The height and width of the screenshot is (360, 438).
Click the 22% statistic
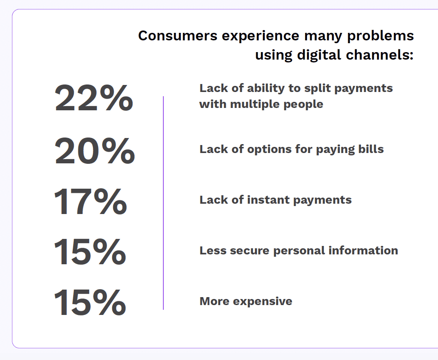93,98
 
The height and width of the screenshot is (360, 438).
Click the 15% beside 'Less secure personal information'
90,252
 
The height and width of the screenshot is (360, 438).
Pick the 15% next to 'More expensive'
90,303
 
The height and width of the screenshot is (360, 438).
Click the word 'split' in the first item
325,88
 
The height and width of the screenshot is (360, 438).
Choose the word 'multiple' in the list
254,104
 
